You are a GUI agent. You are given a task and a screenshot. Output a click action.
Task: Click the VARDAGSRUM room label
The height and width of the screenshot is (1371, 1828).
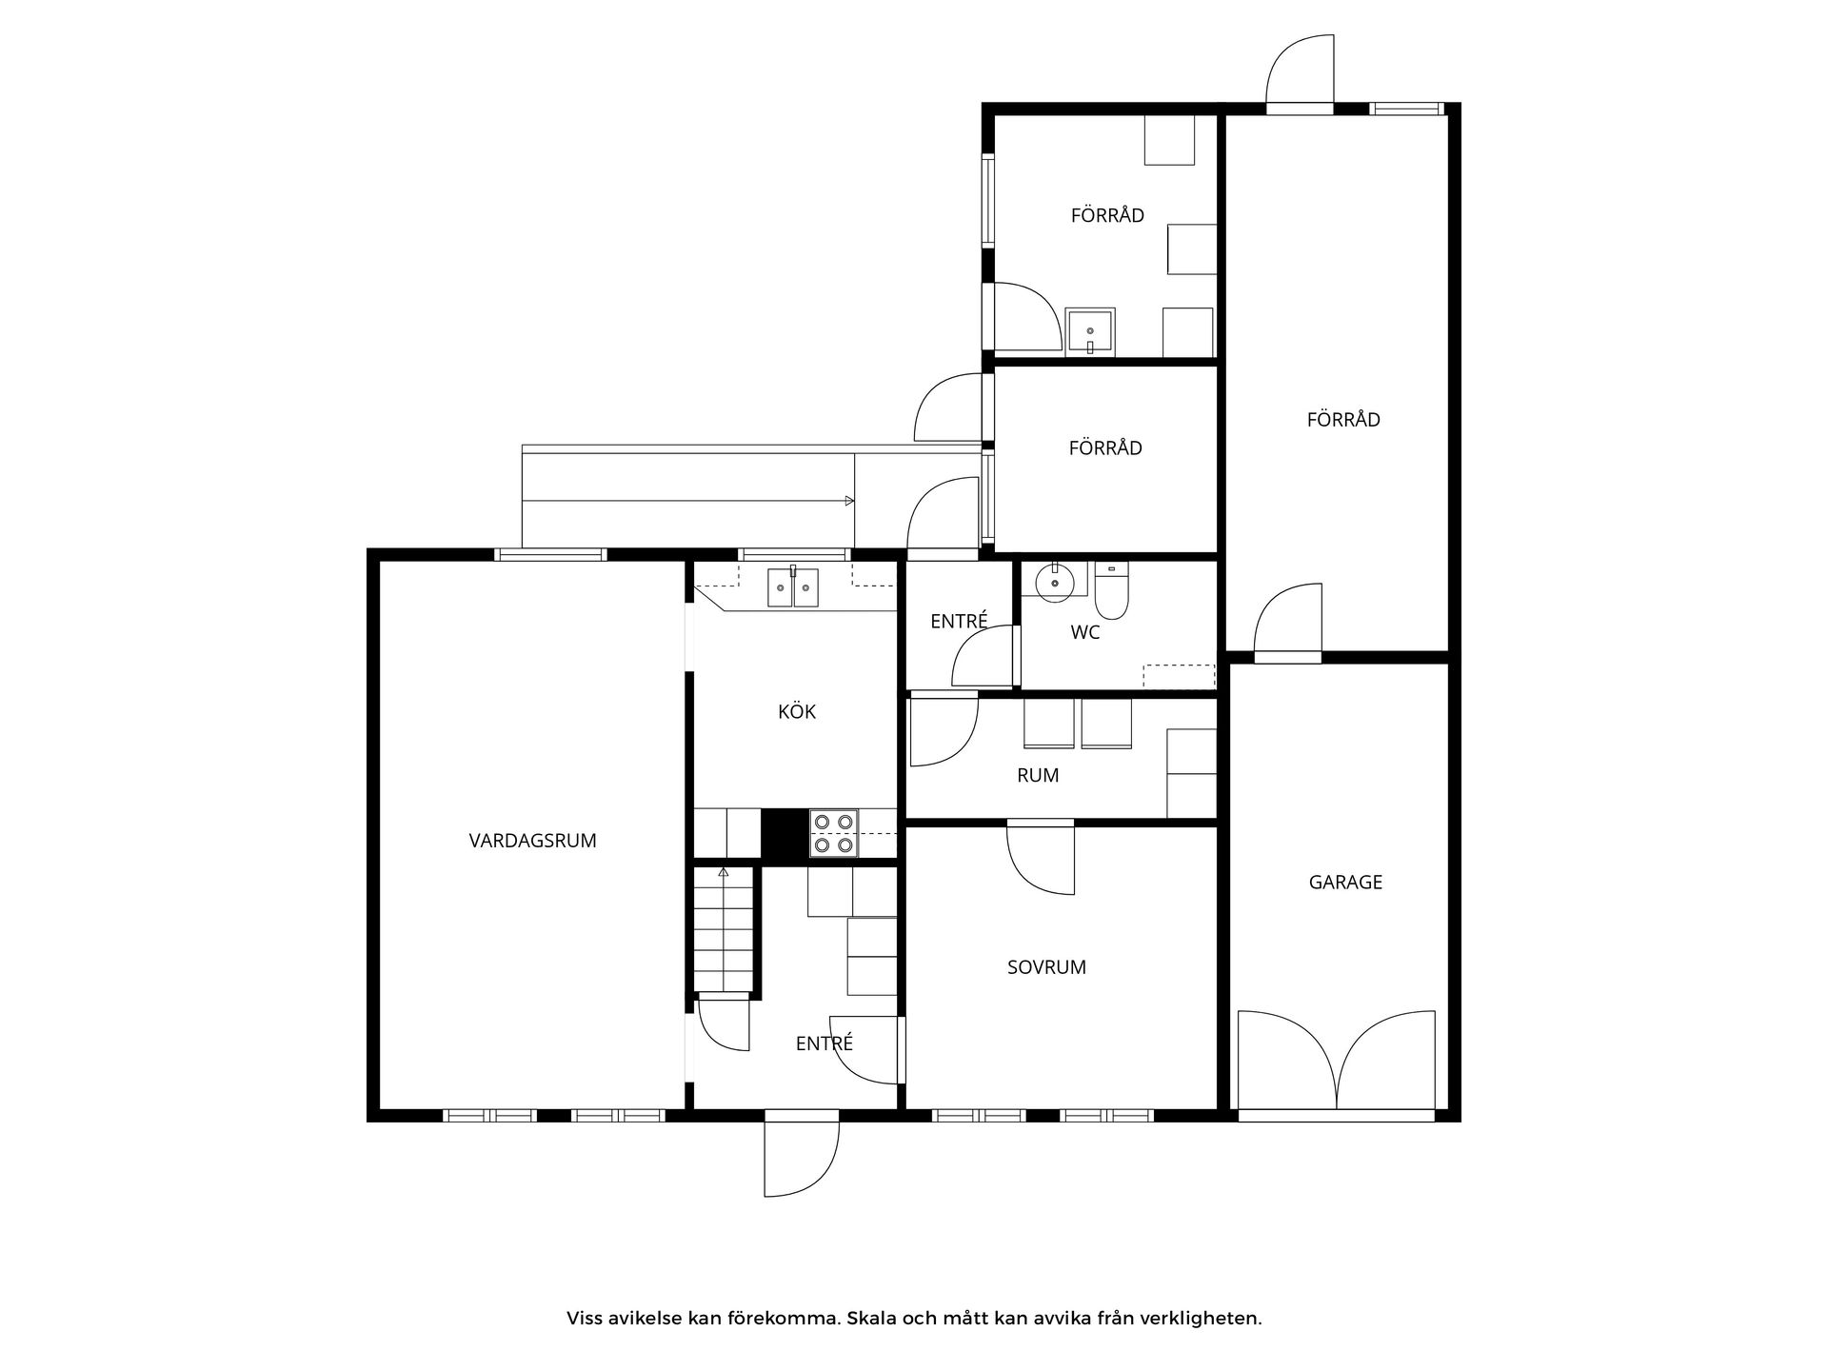pyautogui.click(x=532, y=841)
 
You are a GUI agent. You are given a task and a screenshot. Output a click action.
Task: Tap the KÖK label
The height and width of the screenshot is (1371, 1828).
pyautogui.click(x=797, y=711)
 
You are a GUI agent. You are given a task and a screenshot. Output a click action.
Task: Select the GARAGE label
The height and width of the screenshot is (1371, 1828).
pyautogui.click(x=1345, y=883)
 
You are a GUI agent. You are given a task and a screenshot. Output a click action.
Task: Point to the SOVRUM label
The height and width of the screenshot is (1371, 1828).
pyautogui.click(x=1046, y=967)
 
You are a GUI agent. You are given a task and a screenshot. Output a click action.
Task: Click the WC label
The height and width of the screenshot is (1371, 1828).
pyautogui.click(x=1085, y=632)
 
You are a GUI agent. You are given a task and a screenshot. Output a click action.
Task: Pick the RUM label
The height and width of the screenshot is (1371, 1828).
pyautogui.click(x=1038, y=776)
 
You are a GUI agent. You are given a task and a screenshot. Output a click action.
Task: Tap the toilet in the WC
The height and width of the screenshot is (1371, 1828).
pyautogui.click(x=1111, y=590)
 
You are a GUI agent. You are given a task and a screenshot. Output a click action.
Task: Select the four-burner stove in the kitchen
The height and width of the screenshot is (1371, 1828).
pyautogui.click(x=834, y=833)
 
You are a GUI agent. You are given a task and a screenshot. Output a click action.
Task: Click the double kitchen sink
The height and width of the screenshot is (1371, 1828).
pyautogui.click(x=793, y=586)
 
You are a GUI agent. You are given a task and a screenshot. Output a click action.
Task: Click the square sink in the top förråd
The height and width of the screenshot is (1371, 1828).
pyautogui.click(x=1090, y=331)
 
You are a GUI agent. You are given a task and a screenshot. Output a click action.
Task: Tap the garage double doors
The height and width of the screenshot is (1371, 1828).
pyautogui.click(x=1337, y=1061)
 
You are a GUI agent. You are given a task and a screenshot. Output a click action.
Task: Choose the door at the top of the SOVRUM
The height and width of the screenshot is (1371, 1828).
pyautogui.click(x=1041, y=857)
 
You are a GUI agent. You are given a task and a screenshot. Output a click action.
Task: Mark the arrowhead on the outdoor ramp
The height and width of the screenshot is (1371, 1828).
pyautogui.click(x=849, y=501)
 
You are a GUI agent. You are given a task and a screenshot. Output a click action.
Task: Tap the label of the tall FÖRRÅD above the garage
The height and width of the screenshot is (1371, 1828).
pyautogui.click(x=1343, y=420)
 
